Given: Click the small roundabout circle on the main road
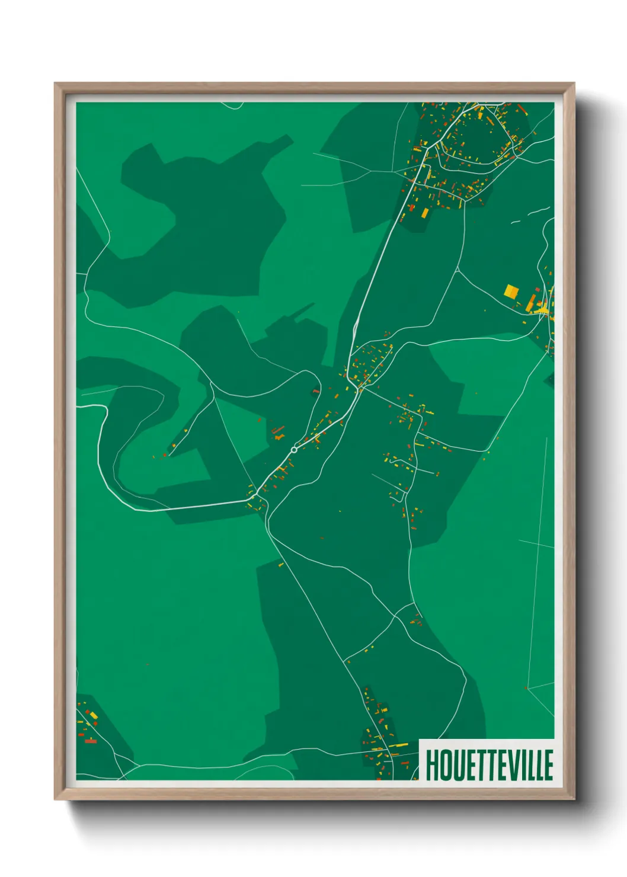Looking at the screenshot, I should click(x=294, y=450).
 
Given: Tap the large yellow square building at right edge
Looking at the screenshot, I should click(x=511, y=291).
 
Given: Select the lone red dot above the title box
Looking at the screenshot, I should click(x=526, y=688).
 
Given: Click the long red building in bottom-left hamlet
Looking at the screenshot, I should click(x=90, y=741).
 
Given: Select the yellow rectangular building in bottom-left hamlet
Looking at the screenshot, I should click(x=93, y=716).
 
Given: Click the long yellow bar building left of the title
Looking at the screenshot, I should click(x=400, y=745).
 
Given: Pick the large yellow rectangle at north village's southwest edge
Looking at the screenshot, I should click(x=424, y=212).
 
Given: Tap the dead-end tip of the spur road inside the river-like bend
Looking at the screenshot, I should click(x=168, y=455).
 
